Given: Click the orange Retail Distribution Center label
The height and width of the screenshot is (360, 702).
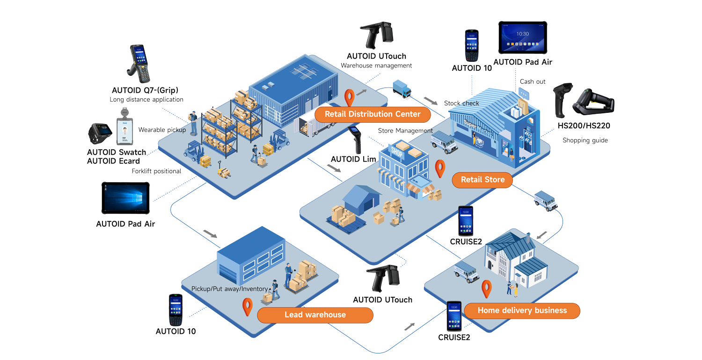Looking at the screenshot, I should pos(373,114).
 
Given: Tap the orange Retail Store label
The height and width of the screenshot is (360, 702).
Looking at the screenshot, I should pos(483,180).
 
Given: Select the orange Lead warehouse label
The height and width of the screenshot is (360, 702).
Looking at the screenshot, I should pos(315,315).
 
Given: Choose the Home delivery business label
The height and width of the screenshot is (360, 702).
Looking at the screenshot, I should pos(522,310).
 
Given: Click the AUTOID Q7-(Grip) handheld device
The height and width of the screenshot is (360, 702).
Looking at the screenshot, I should pos(139,64).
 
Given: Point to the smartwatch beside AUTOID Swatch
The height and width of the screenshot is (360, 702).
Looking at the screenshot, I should pos(100,134).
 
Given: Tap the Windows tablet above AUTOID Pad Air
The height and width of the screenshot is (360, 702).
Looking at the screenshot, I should pos(125,198).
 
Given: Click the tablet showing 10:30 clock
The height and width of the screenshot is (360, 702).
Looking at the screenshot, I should pos(522,37).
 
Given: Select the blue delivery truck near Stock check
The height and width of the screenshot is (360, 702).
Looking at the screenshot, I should pos(402,89).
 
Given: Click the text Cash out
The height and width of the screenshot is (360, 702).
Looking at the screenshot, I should pos(533,81).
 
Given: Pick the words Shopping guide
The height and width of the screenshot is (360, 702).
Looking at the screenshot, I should pos(585,140).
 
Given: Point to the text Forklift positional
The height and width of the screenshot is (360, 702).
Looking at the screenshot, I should pos(156,171).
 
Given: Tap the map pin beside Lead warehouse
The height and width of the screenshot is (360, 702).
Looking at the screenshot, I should pos(247,307).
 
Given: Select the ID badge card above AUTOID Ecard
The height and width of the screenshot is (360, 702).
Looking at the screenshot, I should pos(124,129).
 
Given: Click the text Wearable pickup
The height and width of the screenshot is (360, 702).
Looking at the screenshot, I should pos(162,130).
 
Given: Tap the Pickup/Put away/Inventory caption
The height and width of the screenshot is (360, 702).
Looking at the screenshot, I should pos(229,289).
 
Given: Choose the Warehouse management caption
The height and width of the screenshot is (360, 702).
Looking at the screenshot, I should pos(376,66).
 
